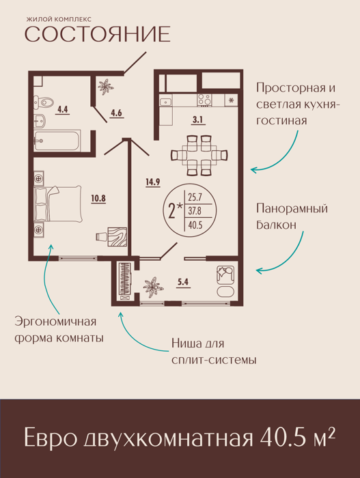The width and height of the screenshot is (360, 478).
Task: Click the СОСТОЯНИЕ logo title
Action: pos(97,34)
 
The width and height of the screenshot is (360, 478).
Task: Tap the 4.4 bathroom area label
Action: pos(63,109)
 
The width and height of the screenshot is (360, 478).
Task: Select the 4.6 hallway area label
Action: pos(116,113)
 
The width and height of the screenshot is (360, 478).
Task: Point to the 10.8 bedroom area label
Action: pos(98,199)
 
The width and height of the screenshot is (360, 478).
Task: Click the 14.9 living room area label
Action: pos(153,182)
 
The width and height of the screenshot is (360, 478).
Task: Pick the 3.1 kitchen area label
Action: pos(197,119)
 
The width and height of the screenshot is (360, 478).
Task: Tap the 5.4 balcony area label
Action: pos(183,282)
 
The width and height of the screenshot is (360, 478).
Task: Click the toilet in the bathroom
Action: pos(43,102)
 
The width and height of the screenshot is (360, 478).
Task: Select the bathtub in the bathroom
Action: pos(57,140)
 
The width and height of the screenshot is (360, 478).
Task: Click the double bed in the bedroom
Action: pos(58,203)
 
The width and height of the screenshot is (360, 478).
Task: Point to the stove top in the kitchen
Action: pos(204,100)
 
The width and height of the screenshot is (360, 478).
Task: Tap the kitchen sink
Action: pos(166,102)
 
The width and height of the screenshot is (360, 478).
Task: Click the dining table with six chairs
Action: pos(199,155)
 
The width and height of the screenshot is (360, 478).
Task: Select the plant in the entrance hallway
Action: pos(106,86)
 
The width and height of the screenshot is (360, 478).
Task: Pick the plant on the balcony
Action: pos(153,287)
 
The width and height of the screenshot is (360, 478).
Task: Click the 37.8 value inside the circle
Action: pos(195,211)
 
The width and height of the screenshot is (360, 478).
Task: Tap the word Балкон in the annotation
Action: pos(276,225)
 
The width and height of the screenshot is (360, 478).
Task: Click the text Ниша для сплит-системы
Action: pos(214,352)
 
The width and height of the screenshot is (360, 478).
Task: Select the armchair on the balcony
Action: pos(225,275)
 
